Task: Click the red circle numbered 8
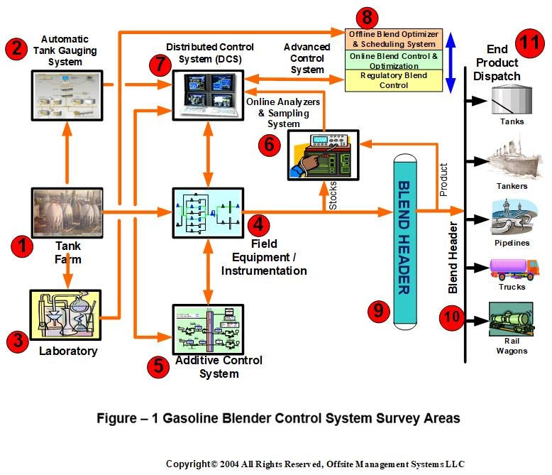tap(367, 17)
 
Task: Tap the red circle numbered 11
tap(530, 43)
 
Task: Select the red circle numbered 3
tap(18, 341)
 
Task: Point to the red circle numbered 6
tap(270, 145)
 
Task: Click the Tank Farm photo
tap(67, 213)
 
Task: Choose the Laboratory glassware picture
tap(66, 315)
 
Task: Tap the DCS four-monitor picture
tap(208, 95)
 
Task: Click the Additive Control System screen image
tap(208, 329)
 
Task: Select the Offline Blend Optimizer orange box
tap(394, 39)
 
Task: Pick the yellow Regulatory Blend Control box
tap(394, 81)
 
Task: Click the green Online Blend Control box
tap(394, 60)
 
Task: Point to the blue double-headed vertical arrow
tap(451, 62)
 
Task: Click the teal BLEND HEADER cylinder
tap(405, 241)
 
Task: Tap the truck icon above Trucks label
tap(514, 269)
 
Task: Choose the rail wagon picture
tap(511, 320)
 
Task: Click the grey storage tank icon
tap(512, 99)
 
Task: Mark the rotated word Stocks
tap(333, 195)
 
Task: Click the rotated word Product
tap(443, 180)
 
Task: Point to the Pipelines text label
tap(512, 243)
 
